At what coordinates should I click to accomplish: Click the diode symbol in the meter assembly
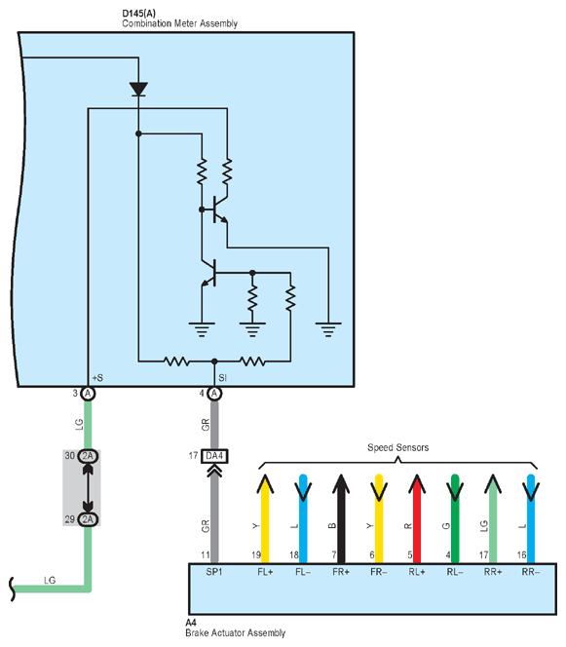[x=138, y=89]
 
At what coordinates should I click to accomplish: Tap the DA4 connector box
[x=214, y=456]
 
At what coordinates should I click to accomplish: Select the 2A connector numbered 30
[x=88, y=456]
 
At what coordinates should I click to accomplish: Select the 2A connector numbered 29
[x=88, y=519]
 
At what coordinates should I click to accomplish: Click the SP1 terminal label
[x=214, y=572]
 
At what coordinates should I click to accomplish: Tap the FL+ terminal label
[x=265, y=572]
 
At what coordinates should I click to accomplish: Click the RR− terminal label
[x=531, y=572]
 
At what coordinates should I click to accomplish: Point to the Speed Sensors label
[x=397, y=447]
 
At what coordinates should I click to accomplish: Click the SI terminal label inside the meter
[x=222, y=377]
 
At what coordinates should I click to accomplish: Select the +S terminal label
[x=97, y=377]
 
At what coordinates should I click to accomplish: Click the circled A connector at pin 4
[x=214, y=394]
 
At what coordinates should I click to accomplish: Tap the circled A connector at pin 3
[x=88, y=394]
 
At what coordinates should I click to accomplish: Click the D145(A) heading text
[x=138, y=14]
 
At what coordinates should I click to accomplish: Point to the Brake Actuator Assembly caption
[x=235, y=633]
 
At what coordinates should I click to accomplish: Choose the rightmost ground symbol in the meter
[x=328, y=329]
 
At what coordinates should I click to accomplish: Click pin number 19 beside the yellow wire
[x=256, y=555]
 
